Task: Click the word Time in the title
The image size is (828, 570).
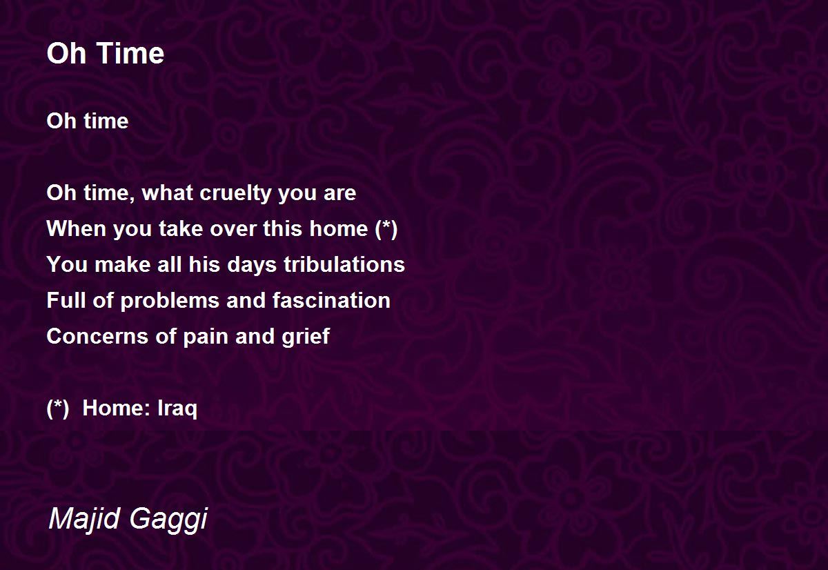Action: tap(131, 53)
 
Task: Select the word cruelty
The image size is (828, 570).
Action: tap(235, 194)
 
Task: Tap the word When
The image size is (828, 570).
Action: tap(77, 228)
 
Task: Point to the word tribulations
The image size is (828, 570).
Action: tap(344, 264)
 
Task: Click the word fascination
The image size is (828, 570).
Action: tap(331, 300)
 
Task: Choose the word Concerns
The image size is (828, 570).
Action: tap(97, 336)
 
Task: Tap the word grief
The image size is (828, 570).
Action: tap(306, 337)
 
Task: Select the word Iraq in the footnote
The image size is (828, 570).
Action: tap(177, 409)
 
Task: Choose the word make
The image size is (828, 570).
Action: tap(122, 264)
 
